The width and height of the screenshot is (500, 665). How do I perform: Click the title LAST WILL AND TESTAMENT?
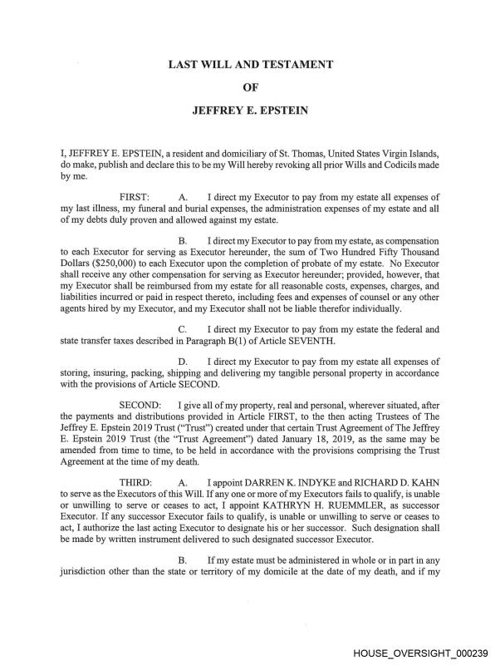pos(250,64)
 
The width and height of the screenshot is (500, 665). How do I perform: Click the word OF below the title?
pos(250,86)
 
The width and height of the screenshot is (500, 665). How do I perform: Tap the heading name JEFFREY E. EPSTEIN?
pos(250,109)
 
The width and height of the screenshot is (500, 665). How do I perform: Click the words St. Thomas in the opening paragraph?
pos(316,154)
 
